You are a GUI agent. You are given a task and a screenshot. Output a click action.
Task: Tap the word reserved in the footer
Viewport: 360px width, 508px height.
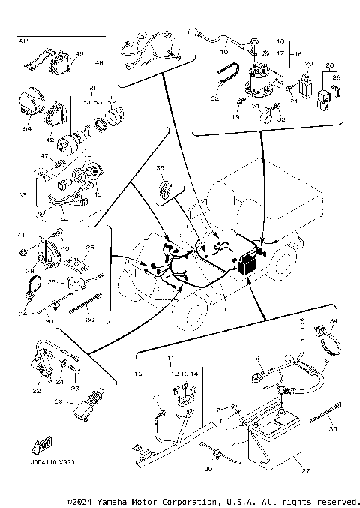(x=337, y=500)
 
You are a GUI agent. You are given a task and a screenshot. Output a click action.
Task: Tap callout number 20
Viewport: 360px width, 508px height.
(x=307, y=65)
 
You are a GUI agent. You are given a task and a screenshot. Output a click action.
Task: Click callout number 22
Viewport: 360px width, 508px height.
(x=36, y=391)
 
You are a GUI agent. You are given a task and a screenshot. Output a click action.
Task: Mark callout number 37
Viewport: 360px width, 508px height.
(x=156, y=395)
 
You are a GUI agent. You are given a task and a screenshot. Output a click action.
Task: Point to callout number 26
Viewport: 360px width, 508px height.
(x=89, y=247)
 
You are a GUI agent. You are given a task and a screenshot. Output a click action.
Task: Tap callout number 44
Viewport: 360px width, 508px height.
(x=64, y=218)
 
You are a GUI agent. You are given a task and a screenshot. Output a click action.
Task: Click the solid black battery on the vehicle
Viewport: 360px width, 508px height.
(x=245, y=265)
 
